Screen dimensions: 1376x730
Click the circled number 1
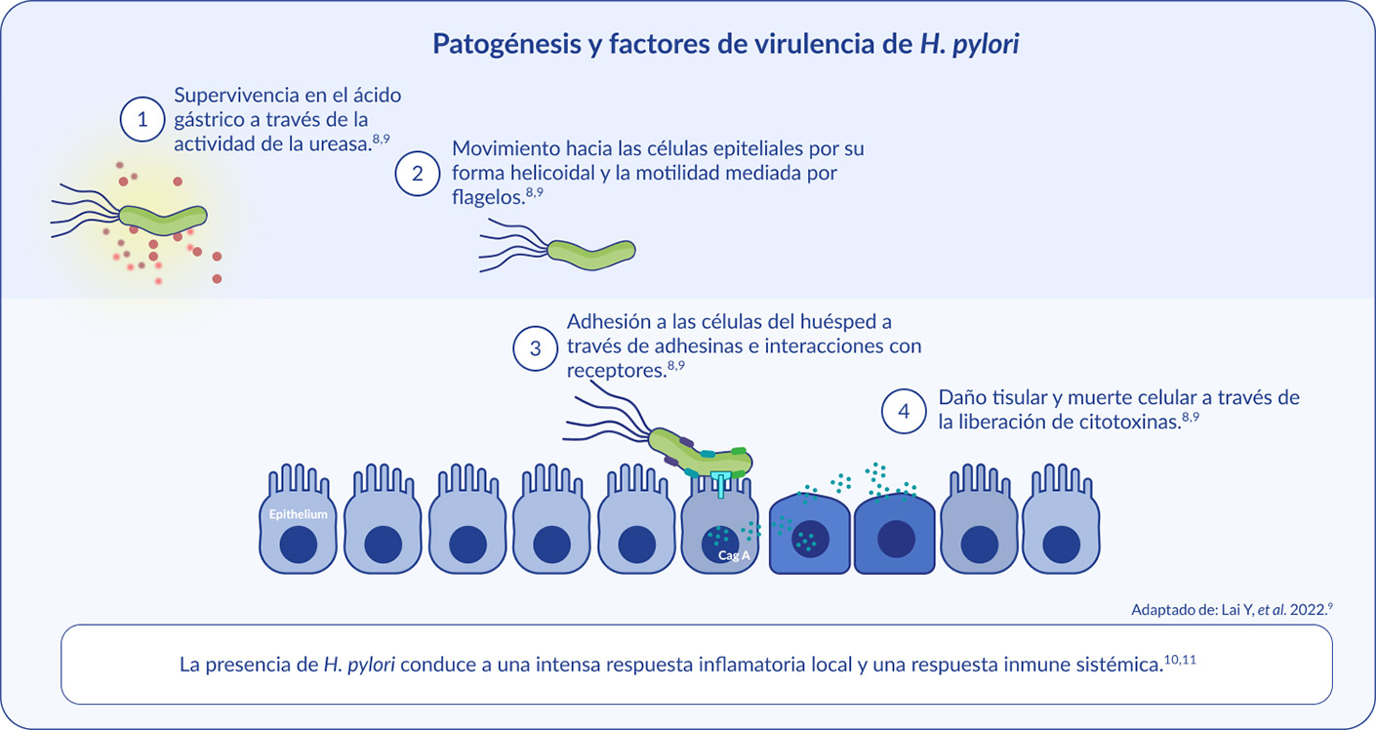pos(142,119)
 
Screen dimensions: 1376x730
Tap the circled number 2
pos(417,174)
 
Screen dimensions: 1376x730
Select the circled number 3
pos(535,348)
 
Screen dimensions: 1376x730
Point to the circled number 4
pos(904,411)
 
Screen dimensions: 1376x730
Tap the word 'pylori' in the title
pos(986,44)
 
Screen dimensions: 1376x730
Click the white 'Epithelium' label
pos(298,514)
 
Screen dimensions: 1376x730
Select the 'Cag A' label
pos(734,555)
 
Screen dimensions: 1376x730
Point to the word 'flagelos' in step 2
pos(487,197)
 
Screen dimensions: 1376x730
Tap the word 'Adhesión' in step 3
pos(606,321)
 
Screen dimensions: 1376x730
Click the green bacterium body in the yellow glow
pos(163,220)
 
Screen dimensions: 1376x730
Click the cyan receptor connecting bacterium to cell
pos(720,484)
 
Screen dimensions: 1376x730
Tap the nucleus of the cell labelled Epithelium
pos(299,545)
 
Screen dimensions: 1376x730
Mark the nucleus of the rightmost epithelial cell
pos(1062,545)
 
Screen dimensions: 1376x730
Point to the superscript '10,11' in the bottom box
pos(1180,660)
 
